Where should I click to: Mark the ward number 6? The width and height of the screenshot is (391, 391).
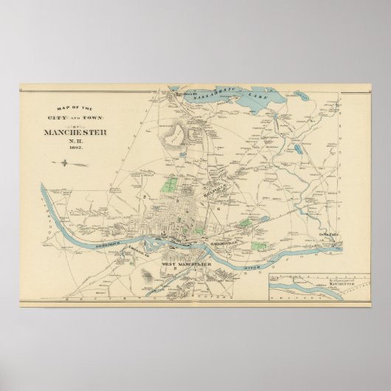pyautogui.click(x=219, y=210)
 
